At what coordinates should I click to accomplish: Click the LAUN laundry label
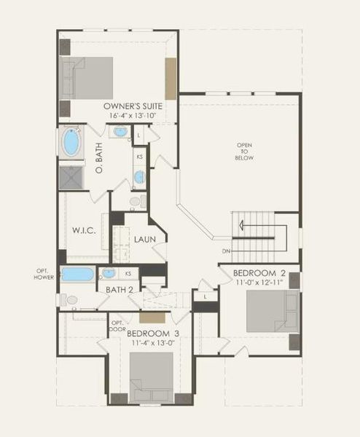click(143, 240)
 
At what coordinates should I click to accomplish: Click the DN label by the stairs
click(227, 252)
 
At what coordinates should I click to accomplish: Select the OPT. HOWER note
click(43, 274)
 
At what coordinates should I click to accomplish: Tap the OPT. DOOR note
click(117, 325)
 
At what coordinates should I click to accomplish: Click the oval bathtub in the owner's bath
click(73, 143)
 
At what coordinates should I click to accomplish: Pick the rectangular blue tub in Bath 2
click(77, 274)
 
